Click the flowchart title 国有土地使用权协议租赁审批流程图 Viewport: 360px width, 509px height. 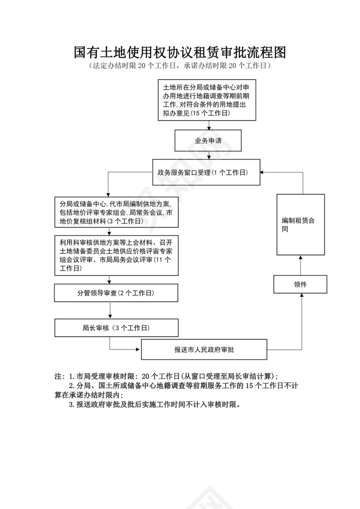[180, 53]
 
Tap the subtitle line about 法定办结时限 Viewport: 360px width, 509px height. [180, 66]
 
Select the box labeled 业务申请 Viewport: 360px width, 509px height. [208, 141]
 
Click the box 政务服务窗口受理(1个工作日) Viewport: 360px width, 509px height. [206, 173]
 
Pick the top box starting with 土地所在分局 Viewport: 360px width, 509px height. [208, 100]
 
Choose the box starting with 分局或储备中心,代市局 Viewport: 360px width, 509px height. [117, 212]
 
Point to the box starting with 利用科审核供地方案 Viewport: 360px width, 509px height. [117, 255]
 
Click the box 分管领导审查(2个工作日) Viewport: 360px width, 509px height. [116, 293]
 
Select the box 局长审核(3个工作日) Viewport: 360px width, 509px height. [116, 328]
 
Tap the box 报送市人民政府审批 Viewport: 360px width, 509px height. [204, 349]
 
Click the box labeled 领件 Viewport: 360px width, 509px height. [300, 284]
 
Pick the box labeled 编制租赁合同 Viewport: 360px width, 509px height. [301, 225]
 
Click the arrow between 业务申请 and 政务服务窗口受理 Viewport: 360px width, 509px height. [208, 155]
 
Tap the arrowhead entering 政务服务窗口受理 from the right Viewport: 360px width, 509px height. [263, 173]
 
